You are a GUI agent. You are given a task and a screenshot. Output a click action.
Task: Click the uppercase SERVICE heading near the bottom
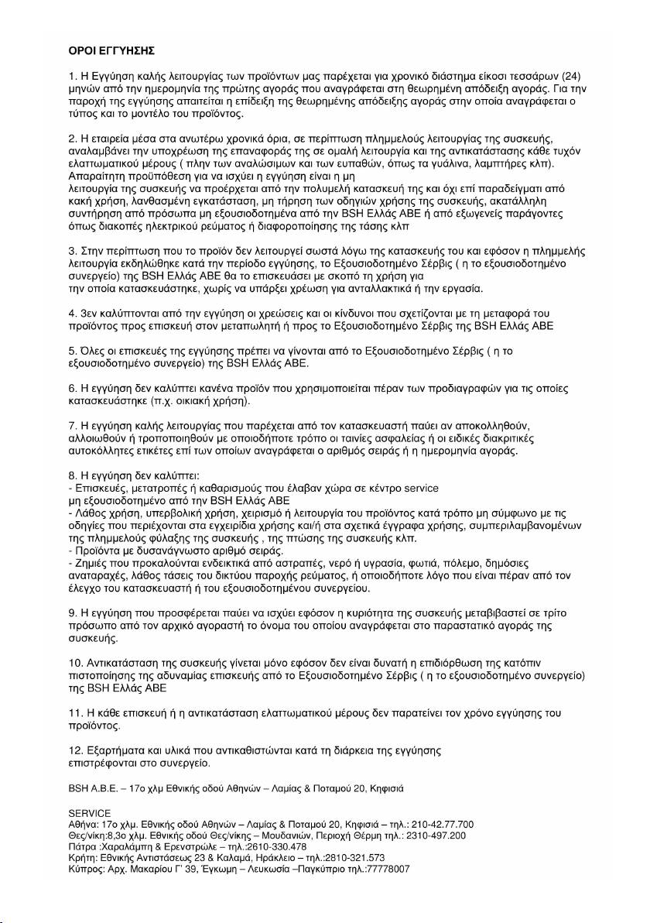coord(90,812)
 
